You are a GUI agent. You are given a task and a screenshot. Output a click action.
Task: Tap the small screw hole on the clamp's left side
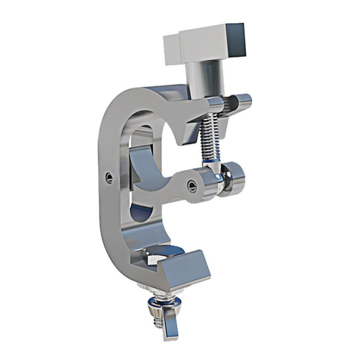coord(109,178)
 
